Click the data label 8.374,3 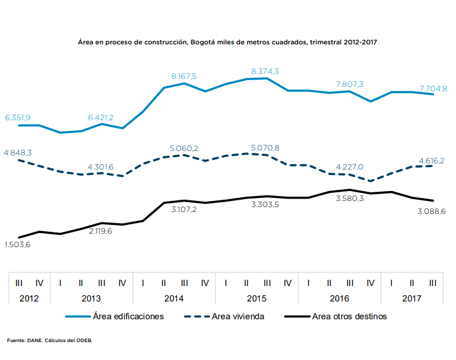pyautogui.click(x=265, y=72)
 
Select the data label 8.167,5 pyautogui.click(x=184, y=76)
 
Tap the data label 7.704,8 pyautogui.click(x=433, y=88)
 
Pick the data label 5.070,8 pyautogui.click(x=265, y=148)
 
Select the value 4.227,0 pyautogui.click(x=349, y=167)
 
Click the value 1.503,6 pyautogui.click(x=18, y=245)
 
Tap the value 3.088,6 pyautogui.click(x=432, y=211)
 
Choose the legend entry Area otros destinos pyautogui.click(x=349, y=317)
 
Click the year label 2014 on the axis pyautogui.click(x=173, y=298)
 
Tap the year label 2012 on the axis pyautogui.click(x=29, y=298)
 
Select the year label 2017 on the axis pyautogui.click(x=412, y=298)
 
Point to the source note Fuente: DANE pyautogui.click(x=49, y=340)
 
